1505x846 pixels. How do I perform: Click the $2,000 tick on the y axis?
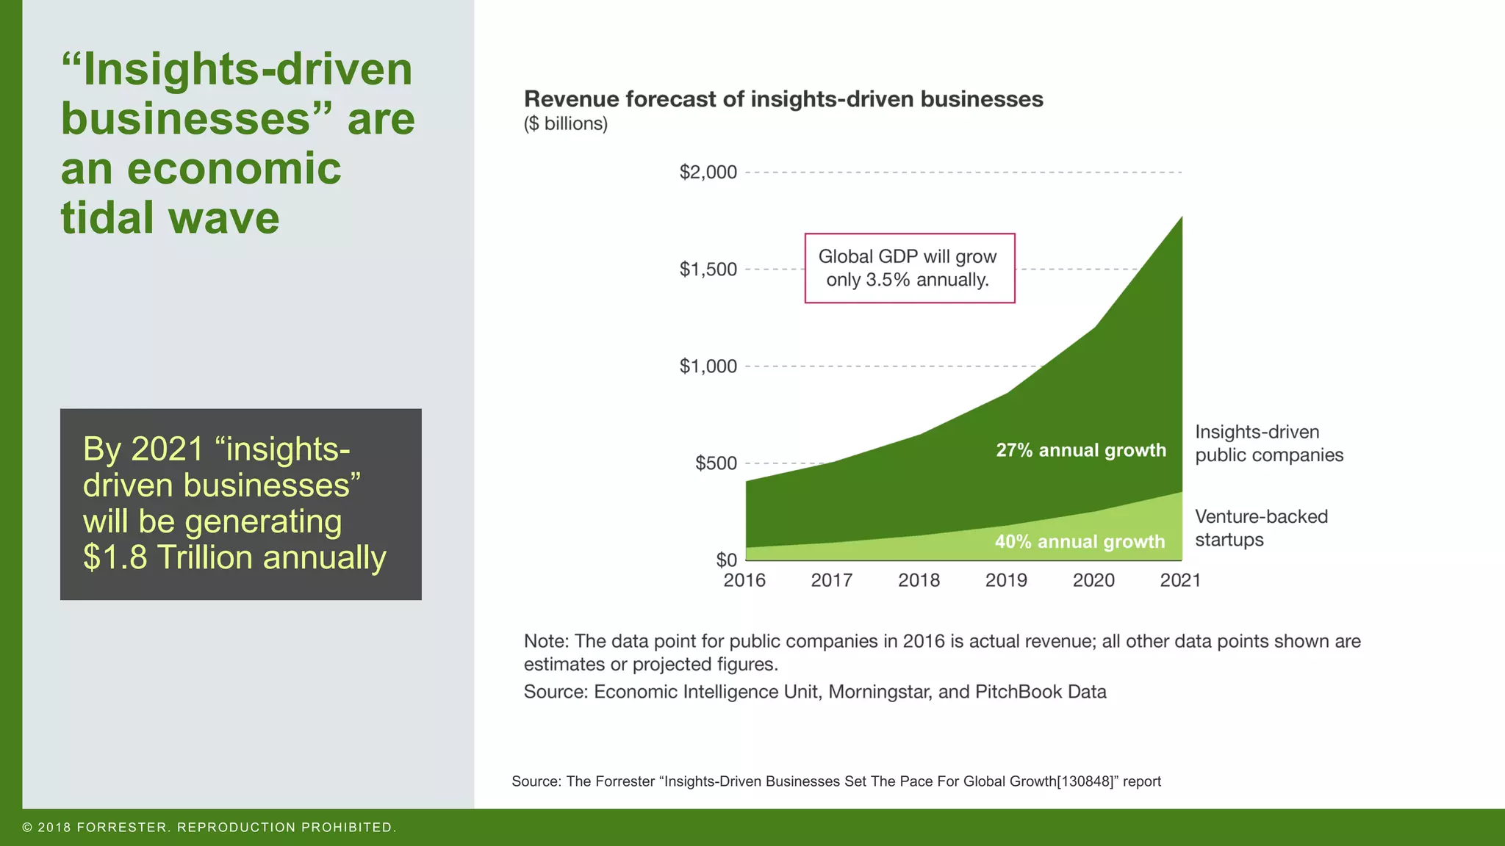pyautogui.click(x=708, y=173)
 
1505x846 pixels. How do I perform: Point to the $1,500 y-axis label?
pyautogui.click(x=708, y=270)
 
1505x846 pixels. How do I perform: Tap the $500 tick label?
pyautogui.click(x=715, y=463)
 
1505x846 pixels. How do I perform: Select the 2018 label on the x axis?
pyautogui.click(x=919, y=580)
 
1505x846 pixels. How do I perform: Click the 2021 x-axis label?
pyautogui.click(x=1180, y=580)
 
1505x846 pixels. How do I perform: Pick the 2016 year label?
pyautogui.click(x=744, y=580)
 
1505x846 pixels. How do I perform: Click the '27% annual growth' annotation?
pyautogui.click(x=1081, y=450)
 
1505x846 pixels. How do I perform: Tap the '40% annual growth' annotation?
pyautogui.click(x=1080, y=542)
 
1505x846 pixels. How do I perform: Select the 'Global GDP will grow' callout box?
pyautogui.click(x=909, y=268)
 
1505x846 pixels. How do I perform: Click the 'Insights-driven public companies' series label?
pyautogui.click(x=1268, y=443)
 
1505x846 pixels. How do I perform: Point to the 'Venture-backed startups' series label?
pyautogui.click(x=1261, y=528)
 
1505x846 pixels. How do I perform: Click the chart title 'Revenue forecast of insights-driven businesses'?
pyautogui.click(x=783, y=99)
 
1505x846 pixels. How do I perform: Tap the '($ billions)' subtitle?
pyautogui.click(x=565, y=123)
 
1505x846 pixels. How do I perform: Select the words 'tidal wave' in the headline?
pyautogui.click(x=170, y=218)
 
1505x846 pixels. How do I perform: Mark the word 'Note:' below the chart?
pyautogui.click(x=546, y=641)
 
